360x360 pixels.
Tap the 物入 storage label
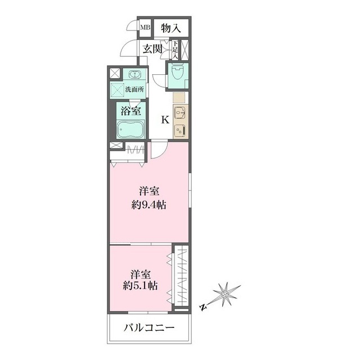tap(170, 27)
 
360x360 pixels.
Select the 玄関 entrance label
tap(152, 49)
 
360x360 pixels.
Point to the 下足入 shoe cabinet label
tap(175, 50)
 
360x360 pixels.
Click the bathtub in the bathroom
tap(130, 129)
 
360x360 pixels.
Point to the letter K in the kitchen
tap(165, 119)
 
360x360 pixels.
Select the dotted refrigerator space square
tap(178, 97)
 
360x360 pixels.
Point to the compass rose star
tap(226, 294)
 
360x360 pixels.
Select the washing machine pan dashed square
tap(118, 89)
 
